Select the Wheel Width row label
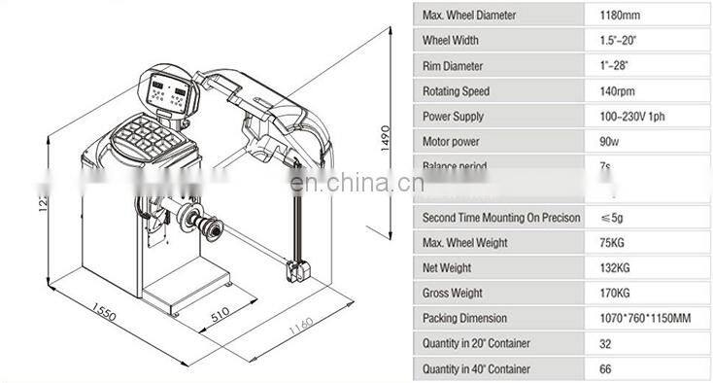(x=453, y=41)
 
